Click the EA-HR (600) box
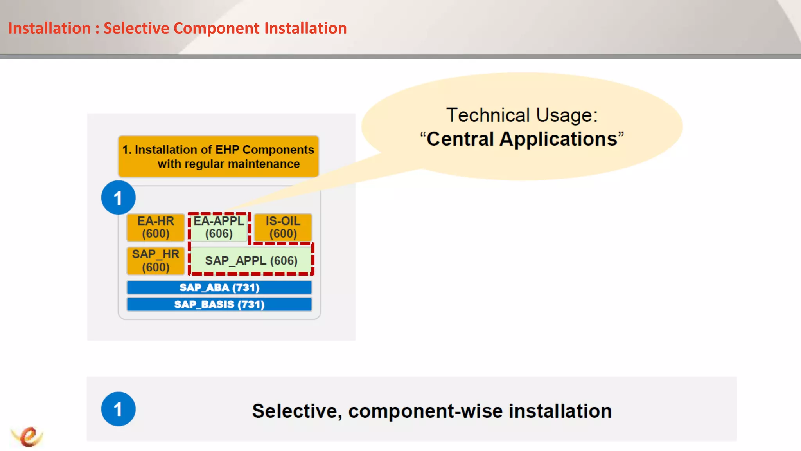pyautogui.click(x=155, y=227)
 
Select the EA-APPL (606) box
pyautogui.click(x=219, y=227)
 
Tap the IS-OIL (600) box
pyautogui.click(x=283, y=227)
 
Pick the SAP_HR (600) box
pyautogui.click(x=155, y=261)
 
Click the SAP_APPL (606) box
pyautogui.click(x=251, y=261)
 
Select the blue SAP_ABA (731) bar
pyautogui.click(x=219, y=288)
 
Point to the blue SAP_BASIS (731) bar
pyautogui.click(x=219, y=305)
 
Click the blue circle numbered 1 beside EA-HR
pyautogui.click(x=118, y=198)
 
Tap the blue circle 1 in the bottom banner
pyautogui.click(x=118, y=409)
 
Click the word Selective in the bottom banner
pyautogui.click(x=296, y=411)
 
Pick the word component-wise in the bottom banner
pyautogui.click(x=426, y=411)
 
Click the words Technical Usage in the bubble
pyautogui.click(x=522, y=115)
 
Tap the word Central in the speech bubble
pyautogui.click(x=460, y=139)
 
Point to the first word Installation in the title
pyautogui.click(x=49, y=29)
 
